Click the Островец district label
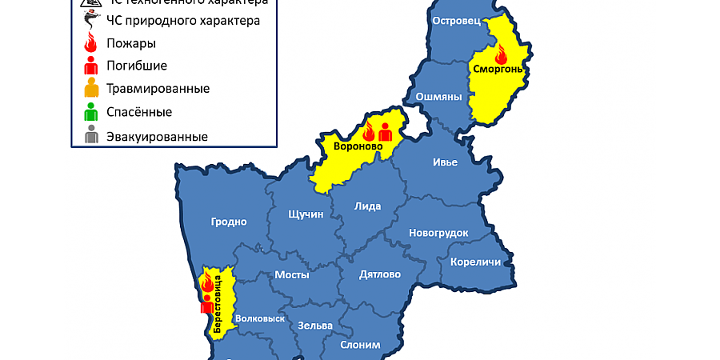[455, 22]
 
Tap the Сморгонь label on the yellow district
[498, 70]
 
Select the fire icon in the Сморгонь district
[502, 54]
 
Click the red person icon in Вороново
[385, 132]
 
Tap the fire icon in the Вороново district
[370, 133]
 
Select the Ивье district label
[445, 162]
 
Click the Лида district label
[367, 206]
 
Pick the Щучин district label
[306, 214]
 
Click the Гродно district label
[229, 222]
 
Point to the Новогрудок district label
[438, 233]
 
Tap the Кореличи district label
[475, 262]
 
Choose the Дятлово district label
[380, 274]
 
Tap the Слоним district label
[360, 345]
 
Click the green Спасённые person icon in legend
[92, 112]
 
